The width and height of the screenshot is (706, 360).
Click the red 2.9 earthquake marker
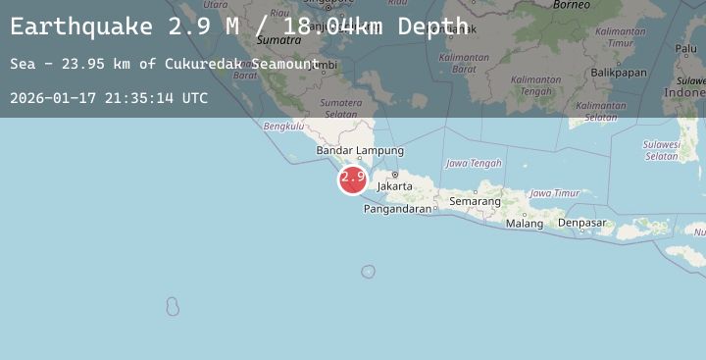(352, 180)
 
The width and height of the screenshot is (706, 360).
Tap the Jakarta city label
(394, 185)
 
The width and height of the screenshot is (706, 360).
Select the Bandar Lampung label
(360, 151)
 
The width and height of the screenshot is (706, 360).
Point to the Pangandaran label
(398, 209)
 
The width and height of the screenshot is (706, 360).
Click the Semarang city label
(475, 202)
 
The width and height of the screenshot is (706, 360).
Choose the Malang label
(525, 224)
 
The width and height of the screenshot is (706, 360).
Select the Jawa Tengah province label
(474, 164)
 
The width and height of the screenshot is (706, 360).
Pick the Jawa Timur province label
(554, 194)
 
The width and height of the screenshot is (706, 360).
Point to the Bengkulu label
(283, 126)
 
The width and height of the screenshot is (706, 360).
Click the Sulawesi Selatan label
(662, 150)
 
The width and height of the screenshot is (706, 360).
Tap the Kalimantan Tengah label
(535, 85)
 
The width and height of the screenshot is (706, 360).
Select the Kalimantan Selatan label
(601, 112)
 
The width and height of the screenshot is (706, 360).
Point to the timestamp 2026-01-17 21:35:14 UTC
(109, 98)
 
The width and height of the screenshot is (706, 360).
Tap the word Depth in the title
(432, 26)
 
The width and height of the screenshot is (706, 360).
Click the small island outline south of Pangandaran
(368, 272)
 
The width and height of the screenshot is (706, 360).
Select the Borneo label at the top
(571, 5)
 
